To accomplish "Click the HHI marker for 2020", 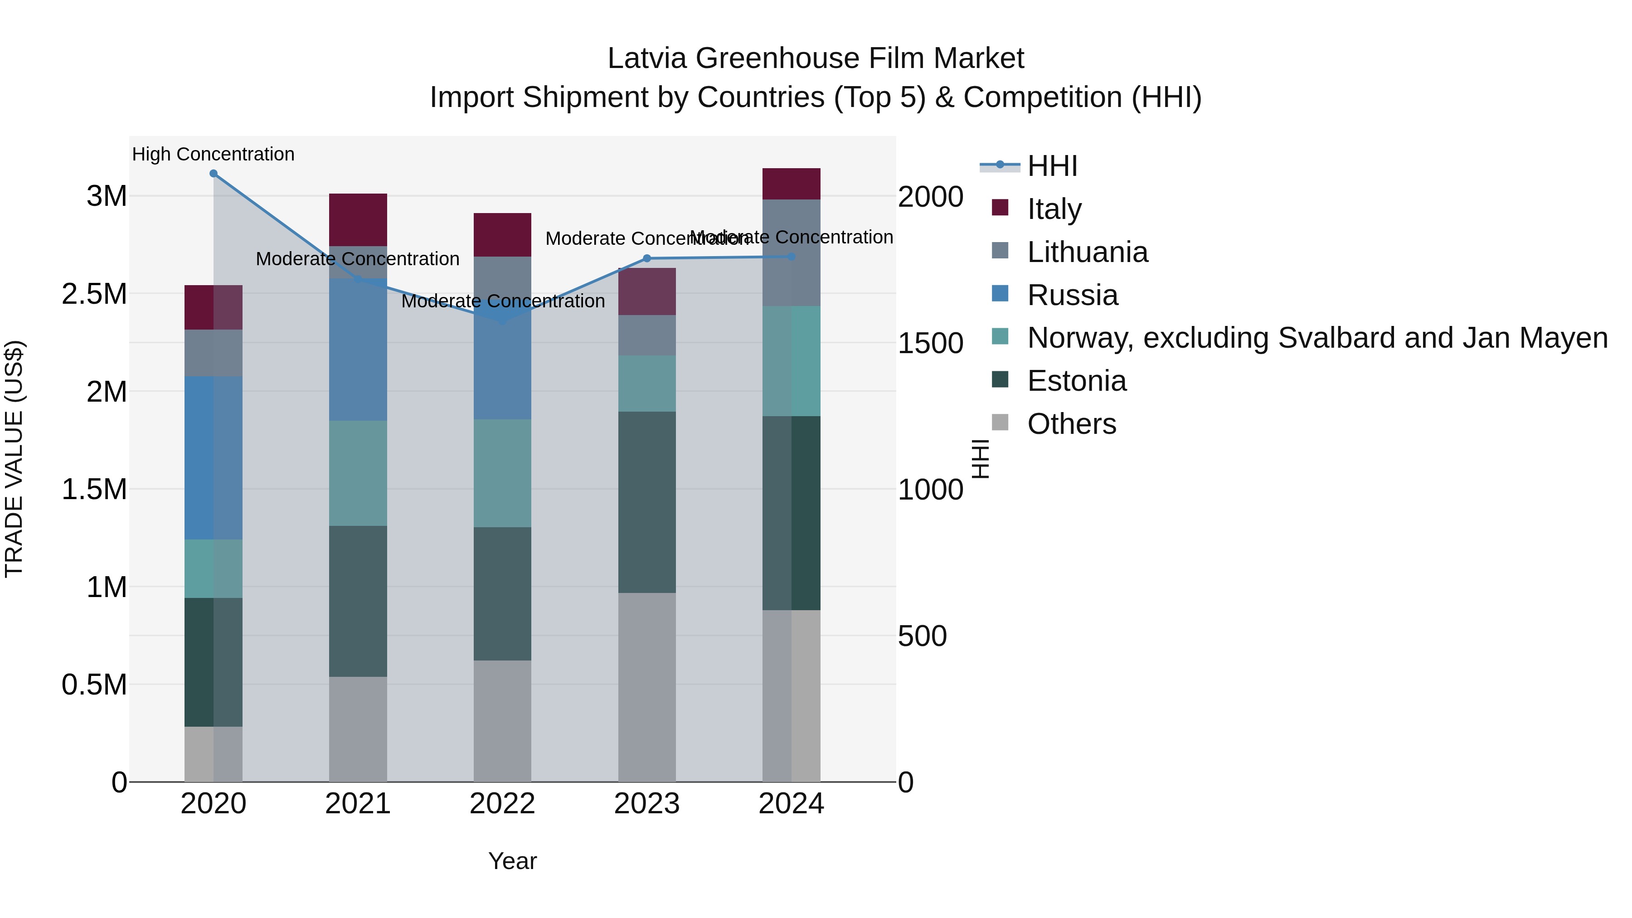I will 214,174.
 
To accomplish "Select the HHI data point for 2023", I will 647,258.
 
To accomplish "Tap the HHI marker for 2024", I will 791,257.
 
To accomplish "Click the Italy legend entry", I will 1054,209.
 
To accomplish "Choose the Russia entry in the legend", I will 1072,295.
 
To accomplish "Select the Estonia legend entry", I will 1076,381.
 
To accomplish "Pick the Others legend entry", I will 1071,424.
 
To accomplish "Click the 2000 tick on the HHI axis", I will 930,197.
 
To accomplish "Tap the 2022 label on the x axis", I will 502,804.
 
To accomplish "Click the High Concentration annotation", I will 214,154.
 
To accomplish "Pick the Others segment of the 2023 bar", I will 647,687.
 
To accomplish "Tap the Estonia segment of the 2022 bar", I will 502,593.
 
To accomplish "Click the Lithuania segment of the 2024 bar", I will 791,253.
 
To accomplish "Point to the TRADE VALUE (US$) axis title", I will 14,459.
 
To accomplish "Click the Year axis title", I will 513,861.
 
